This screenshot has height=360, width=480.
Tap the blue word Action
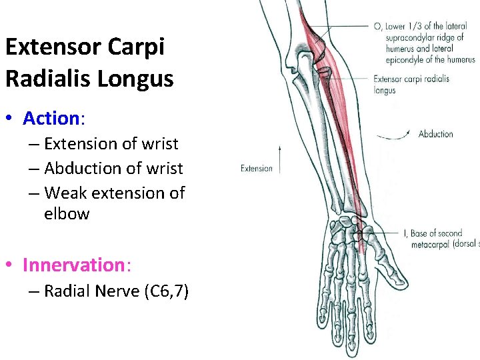tap(51, 119)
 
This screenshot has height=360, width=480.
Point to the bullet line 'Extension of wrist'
tap(111, 144)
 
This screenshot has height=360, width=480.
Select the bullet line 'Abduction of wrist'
tap(113, 169)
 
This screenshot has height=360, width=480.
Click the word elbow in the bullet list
tap(67, 214)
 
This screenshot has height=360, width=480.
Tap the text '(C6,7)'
tap(166, 291)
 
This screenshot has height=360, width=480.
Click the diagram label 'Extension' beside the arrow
tap(257, 169)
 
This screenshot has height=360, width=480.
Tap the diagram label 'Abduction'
tap(435, 134)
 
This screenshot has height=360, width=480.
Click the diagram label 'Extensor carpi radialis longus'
tap(411, 84)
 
